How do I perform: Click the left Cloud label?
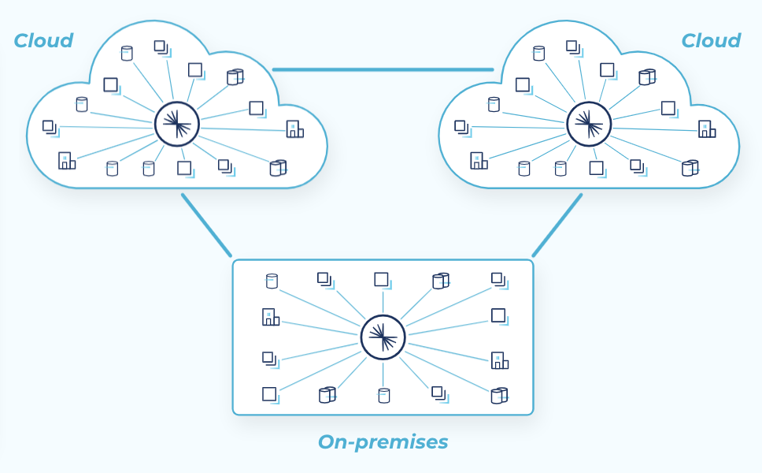(x=43, y=41)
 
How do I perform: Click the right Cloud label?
(x=710, y=41)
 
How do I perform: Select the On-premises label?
(x=383, y=442)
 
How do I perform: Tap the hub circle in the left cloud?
(x=177, y=124)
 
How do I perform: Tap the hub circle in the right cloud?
(x=589, y=124)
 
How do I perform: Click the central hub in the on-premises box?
(x=383, y=337)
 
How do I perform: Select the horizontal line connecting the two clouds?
(x=383, y=69)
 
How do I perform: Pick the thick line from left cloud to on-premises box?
(x=206, y=225)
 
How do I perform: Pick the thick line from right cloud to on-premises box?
(x=557, y=225)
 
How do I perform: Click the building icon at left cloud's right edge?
(x=294, y=129)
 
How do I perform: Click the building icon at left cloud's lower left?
(x=66, y=161)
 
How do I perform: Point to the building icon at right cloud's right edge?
(x=706, y=129)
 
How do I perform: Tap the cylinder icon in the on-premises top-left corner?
(x=272, y=281)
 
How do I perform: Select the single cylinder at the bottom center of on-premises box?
(x=383, y=395)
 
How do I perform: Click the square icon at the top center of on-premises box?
(x=382, y=280)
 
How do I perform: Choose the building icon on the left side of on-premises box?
(x=270, y=317)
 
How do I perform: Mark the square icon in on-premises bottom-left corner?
(x=270, y=394)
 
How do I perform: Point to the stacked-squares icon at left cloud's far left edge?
(x=50, y=127)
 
